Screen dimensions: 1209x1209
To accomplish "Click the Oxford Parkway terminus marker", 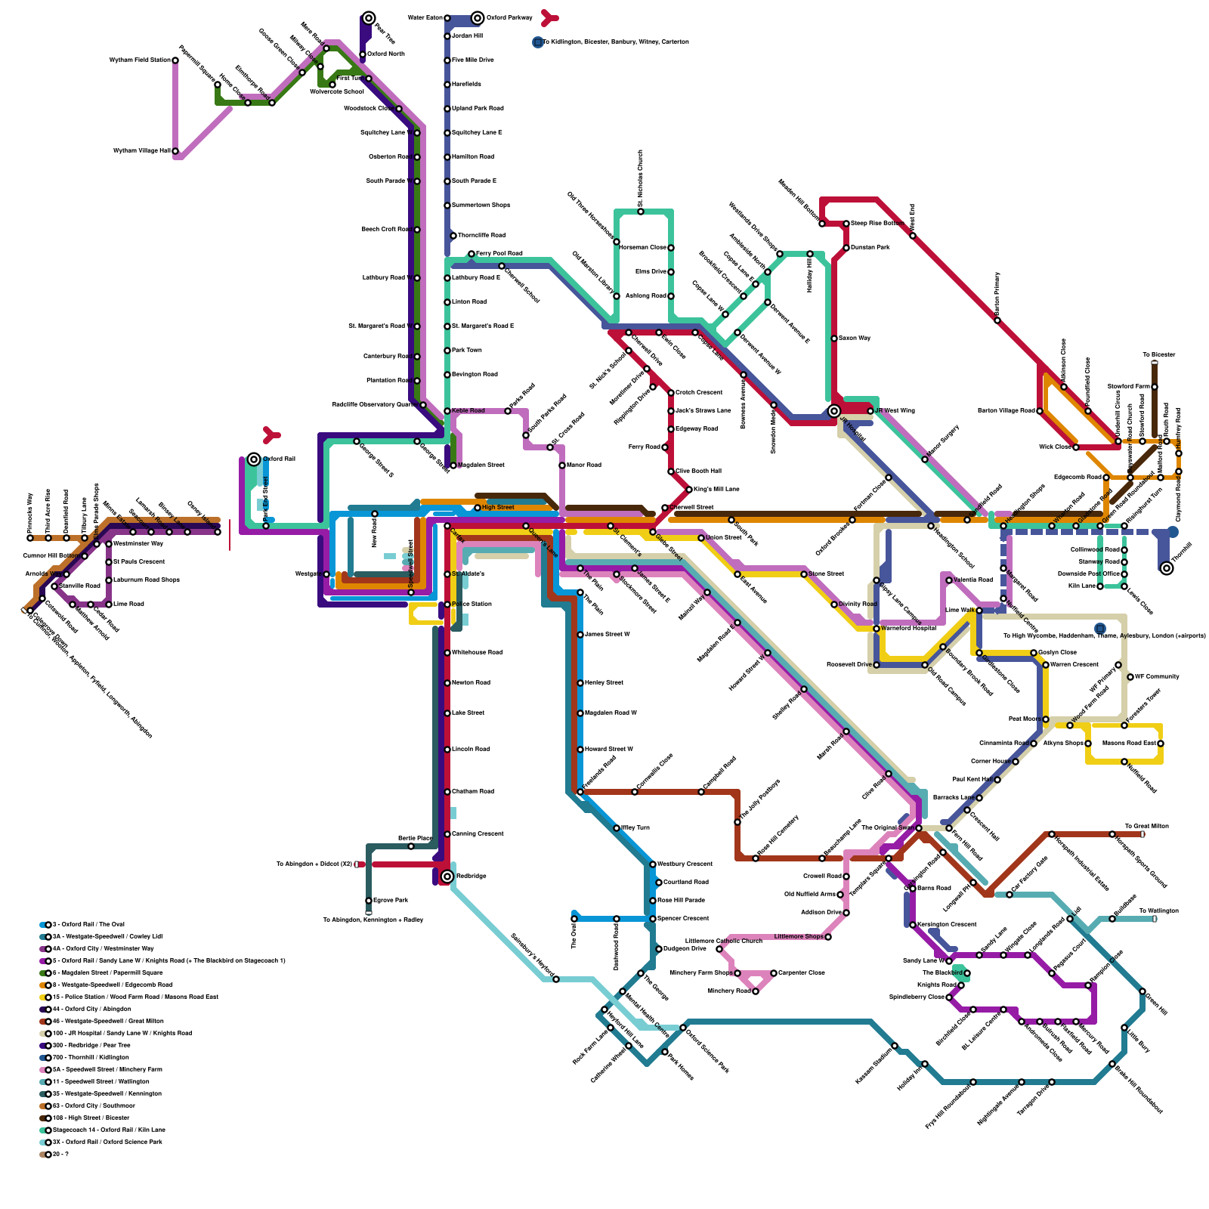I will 478,17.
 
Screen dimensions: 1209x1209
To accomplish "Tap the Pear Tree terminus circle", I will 369,17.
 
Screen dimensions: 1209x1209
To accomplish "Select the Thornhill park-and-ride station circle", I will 1167,567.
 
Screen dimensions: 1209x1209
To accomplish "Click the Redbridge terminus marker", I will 447,877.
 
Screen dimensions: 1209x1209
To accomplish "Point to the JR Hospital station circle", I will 834,411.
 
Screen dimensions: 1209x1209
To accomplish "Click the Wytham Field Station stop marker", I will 175,60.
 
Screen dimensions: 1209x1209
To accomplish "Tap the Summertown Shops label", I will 481,206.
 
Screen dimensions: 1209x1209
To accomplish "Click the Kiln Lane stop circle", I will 1100,586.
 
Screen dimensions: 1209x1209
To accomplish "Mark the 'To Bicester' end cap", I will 1155,363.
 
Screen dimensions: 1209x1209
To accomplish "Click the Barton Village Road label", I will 1006,411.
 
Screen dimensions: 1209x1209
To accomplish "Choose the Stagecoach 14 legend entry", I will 106,1130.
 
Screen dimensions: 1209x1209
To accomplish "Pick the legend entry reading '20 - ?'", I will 60,1154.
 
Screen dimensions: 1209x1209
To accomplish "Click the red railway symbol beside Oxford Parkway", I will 550,17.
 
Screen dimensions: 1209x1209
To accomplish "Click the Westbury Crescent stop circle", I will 653,864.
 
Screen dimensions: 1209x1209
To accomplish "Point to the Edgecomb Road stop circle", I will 1106,478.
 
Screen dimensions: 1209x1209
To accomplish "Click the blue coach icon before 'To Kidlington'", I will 538,42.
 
